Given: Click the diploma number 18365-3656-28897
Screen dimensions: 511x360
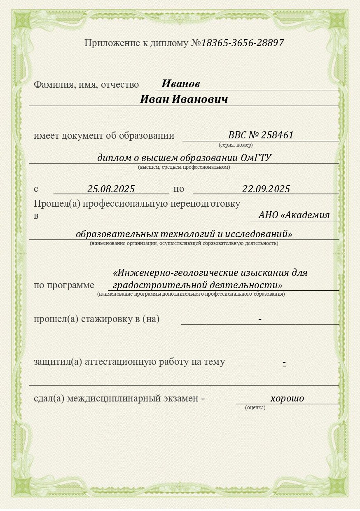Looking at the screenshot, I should coord(242,43).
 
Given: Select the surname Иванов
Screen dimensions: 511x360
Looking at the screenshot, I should coord(180,84).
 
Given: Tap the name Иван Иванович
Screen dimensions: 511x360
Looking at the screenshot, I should coord(184,100).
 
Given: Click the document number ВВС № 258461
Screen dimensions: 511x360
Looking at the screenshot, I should coord(261,135).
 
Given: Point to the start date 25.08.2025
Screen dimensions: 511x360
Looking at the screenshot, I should coord(111,189).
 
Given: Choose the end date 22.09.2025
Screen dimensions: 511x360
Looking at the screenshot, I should coord(266,189).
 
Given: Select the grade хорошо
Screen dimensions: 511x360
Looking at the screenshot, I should coord(287,398).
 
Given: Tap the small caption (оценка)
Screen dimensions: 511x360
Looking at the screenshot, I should coord(255,407).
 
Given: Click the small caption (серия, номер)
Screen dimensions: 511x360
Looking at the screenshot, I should coord(236,145).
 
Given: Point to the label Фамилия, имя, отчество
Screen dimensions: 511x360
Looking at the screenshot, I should coord(86,84).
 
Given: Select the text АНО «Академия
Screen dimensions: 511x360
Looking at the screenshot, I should coord(294,215).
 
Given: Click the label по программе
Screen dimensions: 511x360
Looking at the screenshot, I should coord(64,285).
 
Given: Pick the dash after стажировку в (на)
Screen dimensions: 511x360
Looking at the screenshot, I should coord(260,319).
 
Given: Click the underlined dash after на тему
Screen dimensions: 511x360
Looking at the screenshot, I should coord(284,363).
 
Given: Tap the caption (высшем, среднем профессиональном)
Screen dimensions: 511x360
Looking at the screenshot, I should coord(184,167).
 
